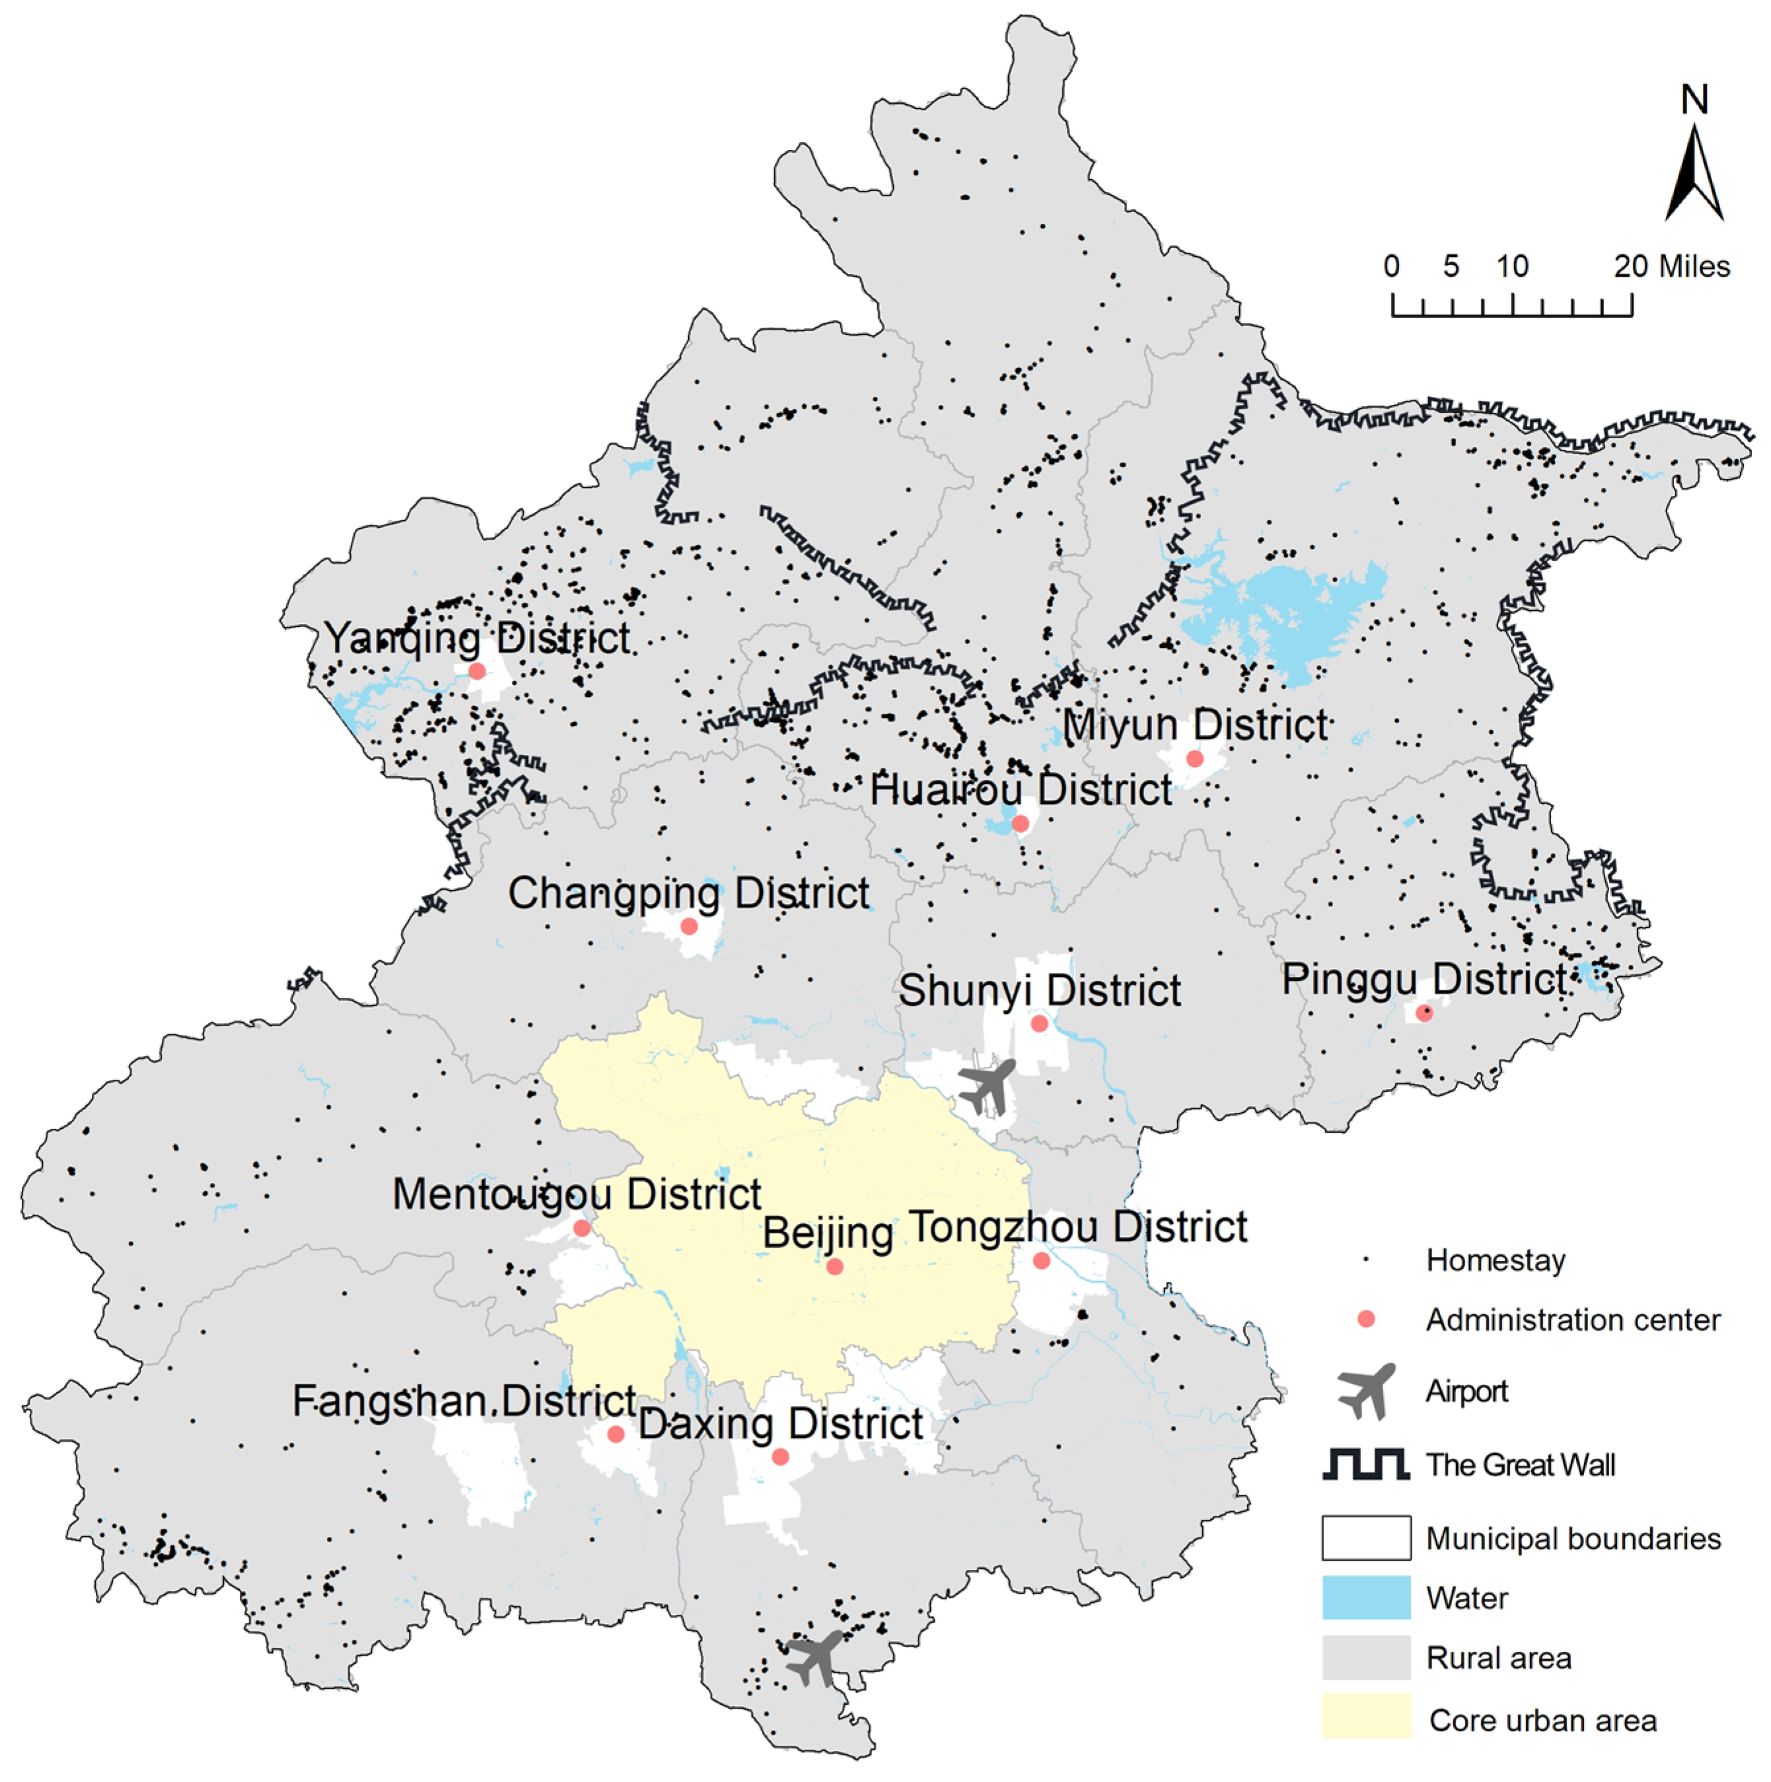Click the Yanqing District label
pyautogui.click(x=476, y=638)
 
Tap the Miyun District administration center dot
pyautogui.click(x=1194, y=759)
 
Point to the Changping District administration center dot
pyautogui.click(x=689, y=926)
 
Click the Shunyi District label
pyautogui.click(x=1040, y=991)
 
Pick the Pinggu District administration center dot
pyautogui.click(x=1424, y=1013)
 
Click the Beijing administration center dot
pyautogui.click(x=835, y=1267)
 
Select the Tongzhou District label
pyautogui.click(x=1078, y=1228)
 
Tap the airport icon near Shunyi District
pyautogui.click(x=988, y=1086)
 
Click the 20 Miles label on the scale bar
pyautogui.click(x=1671, y=267)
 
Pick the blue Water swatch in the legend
pyautogui.click(x=1366, y=1598)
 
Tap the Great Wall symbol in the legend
pyautogui.click(x=1366, y=1465)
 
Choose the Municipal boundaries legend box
pyautogui.click(x=1366, y=1538)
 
